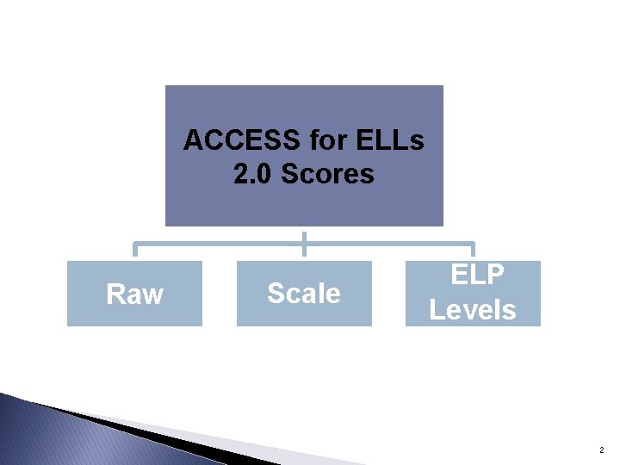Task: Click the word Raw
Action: pos(134,294)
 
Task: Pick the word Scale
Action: pos(304,294)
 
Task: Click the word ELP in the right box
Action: pos(473,276)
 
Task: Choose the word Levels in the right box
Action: pos(473,309)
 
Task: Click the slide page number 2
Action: pos(600,450)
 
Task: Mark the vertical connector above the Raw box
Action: pos(134,251)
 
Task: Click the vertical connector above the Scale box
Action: pos(304,244)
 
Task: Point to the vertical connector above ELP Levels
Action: pos(473,251)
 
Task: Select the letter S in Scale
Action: pos(276,294)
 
